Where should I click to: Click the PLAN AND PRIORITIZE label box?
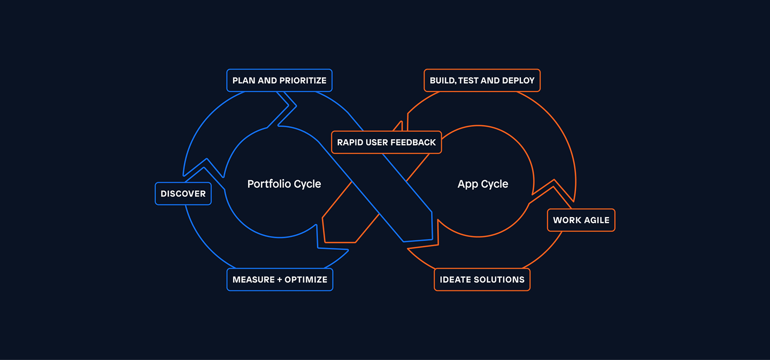click(279, 80)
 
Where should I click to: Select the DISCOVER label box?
click(183, 194)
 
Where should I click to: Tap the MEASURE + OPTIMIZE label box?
click(280, 280)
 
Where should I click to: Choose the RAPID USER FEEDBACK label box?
click(386, 142)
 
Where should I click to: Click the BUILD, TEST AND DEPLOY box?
click(482, 80)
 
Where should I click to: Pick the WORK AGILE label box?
click(581, 220)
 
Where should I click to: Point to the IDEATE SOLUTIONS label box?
click(482, 280)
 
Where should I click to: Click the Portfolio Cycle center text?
click(284, 184)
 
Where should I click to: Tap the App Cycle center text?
click(483, 184)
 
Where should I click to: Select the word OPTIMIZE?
click(306, 280)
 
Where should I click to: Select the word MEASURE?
click(252, 280)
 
